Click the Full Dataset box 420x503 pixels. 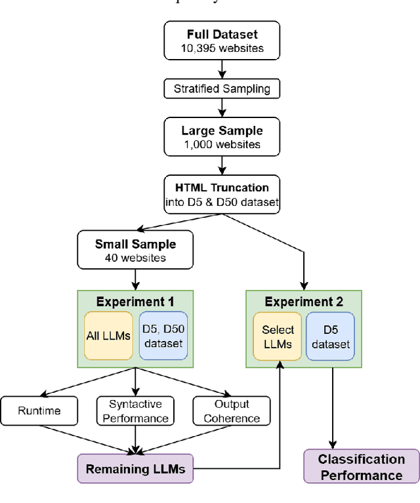click(x=221, y=41)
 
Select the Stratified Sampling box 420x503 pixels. click(x=221, y=88)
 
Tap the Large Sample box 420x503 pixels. click(x=221, y=137)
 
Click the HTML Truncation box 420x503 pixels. click(x=221, y=194)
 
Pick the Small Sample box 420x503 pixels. click(x=135, y=250)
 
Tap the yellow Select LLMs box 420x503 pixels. click(x=278, y=337)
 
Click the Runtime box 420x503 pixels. click(x=39, y=411)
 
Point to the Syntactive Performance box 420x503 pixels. click(x=136, y=411)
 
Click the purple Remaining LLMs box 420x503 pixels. click(x=135, y=468)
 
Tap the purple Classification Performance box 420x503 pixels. click(x=361, y=467)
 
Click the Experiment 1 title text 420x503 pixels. click(x=135, y=302)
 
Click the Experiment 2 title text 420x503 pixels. click(x=304, y=302)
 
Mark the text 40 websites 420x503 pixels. click(x=135, y=257)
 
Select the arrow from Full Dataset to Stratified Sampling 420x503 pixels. click(x=221, y=68)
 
